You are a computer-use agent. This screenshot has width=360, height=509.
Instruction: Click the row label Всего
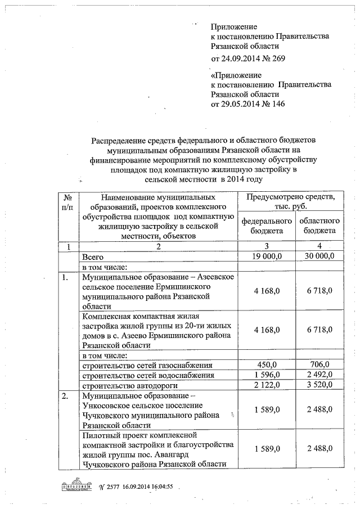[x=93, y=256]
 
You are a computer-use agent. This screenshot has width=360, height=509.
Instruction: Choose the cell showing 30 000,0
[x=319, y=256]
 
